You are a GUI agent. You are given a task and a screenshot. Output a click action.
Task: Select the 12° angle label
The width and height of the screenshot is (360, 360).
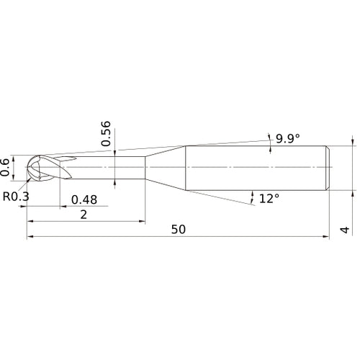[x=269, y=197]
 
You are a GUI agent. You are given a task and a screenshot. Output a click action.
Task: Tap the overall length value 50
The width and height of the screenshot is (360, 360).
[x=179, y=229]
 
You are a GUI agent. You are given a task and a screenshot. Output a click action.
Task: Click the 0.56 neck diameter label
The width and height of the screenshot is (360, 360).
[x=107, y=133]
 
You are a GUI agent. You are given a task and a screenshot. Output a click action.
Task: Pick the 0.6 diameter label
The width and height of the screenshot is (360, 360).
[x=6, y=167]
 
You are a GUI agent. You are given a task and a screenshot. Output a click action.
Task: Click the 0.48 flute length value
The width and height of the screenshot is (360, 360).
[x=84, y=199]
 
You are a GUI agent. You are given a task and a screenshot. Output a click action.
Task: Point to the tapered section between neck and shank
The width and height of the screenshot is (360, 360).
[x=165, y=168]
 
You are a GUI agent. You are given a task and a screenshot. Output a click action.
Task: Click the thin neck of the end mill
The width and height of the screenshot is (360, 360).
[x=108, y=168]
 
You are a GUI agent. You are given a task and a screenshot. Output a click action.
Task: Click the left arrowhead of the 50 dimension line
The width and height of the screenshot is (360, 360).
[x=30, y=237]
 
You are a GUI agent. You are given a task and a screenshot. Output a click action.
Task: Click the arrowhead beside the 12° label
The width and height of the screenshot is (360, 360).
[x=253, y=194]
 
